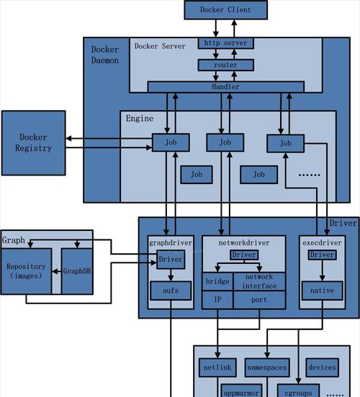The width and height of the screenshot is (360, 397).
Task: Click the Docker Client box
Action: coord(225,10)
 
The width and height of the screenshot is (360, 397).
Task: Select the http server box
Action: coord(225,43)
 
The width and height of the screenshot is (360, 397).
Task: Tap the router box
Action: coord(225,65)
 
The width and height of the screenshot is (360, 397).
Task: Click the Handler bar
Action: coord(225,87)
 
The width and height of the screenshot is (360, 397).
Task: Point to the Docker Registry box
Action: coord(33,143)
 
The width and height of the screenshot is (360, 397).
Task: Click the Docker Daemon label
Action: coord(105,55)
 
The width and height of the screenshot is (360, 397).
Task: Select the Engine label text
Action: coord(140,119)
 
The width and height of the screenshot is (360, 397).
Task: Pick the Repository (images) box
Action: coord(26,271)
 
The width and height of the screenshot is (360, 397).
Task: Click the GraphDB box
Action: coord(77,271)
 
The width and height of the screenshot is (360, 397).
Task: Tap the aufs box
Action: coord(171,291)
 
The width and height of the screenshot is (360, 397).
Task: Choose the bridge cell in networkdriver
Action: coord(217,281)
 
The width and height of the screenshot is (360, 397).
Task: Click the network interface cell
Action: coord(259,281)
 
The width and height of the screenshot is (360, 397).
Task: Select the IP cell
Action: coord(217,300)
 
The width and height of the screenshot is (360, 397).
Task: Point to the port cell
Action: coord(259,300)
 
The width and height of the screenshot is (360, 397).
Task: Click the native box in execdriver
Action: coord(323,291)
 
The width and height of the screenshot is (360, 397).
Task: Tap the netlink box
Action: coord(217,368)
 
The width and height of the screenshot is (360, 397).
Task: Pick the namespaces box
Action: coord(267,368)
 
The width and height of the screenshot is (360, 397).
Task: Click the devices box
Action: coord(323,368)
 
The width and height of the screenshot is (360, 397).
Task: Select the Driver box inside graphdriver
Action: coord(171,260)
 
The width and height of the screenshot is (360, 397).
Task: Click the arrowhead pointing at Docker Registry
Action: coord(68,139)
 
